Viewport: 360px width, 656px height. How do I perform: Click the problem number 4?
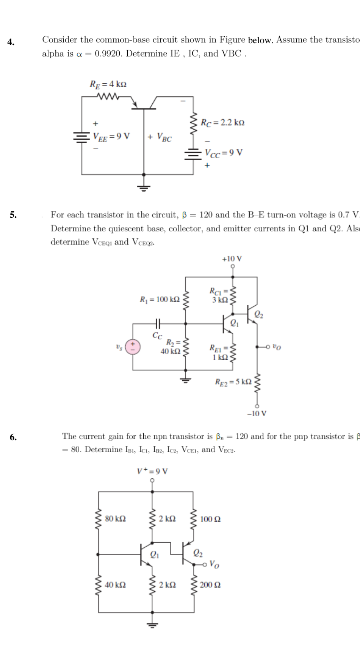[11, 42]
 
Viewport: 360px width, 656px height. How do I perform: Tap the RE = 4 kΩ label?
[108, 84]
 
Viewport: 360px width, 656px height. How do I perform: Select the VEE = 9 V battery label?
[111, 136]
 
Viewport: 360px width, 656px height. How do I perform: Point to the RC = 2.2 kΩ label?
[222, 122]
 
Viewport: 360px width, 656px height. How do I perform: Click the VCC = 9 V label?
[224, 153]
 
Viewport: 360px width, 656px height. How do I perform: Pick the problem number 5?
[13, 215]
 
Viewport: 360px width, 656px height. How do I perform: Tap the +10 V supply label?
[232, 259]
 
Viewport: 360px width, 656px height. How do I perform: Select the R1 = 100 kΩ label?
[160, 300]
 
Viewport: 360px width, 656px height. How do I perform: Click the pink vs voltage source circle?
[133, 346]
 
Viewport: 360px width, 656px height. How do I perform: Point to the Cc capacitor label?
[157, 335]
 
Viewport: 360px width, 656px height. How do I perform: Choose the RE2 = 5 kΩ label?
[233, 381]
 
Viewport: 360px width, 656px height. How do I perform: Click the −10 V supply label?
[257, 413]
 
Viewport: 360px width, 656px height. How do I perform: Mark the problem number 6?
[13, 437]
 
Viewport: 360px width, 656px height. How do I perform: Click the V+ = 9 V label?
[153, 471]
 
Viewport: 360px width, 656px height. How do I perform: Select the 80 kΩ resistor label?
[116, 519]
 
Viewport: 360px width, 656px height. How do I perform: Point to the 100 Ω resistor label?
[210, 519]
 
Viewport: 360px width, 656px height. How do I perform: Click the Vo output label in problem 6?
[214, 564]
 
